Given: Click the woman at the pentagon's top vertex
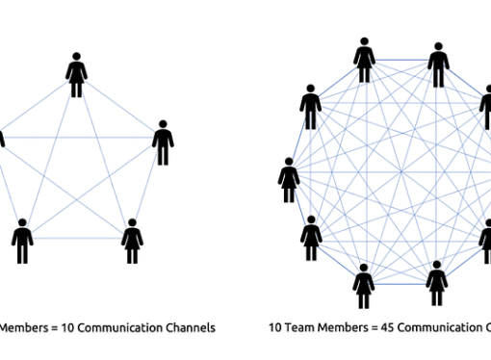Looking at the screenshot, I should pos(77,74).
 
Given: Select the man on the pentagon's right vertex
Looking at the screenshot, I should pos(163,141).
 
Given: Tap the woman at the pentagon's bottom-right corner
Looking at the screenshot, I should pos(132,240).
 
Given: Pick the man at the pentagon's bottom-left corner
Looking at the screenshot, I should pos(21,240).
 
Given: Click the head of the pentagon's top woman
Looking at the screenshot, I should pos(77,59).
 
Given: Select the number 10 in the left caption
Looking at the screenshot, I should pos(65,327).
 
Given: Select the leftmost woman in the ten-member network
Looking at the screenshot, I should pos(288,179).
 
